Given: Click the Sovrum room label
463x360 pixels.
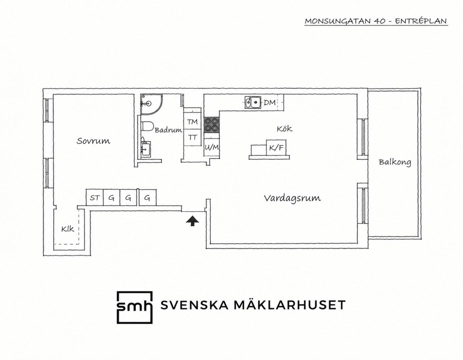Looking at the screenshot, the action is point(93,141).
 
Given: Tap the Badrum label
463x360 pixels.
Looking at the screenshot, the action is point(168,130).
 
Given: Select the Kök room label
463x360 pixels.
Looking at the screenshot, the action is point(284,129).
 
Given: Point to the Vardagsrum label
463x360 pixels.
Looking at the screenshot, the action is point(292,198).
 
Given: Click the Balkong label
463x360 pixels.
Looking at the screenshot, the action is point(395,162).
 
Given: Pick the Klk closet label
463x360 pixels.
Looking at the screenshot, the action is point(68,229).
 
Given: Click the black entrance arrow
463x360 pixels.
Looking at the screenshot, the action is point(192,221).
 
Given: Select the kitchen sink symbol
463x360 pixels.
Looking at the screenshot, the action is point(253,102).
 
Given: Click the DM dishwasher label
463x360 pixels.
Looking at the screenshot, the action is point(270,103).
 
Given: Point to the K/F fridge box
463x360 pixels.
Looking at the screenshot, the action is point(276,147).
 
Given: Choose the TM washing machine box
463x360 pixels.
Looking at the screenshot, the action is point(192,122).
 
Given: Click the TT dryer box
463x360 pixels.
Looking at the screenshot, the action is point(192,137).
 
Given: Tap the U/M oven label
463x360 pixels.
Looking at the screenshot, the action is point(212,147).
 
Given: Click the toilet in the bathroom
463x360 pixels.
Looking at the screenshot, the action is point(147,126).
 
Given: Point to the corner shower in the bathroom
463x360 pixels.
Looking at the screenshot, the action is point(151,104).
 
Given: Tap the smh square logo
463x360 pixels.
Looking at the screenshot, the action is point(134,307).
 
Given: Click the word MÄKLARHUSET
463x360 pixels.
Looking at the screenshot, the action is point(290,305).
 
